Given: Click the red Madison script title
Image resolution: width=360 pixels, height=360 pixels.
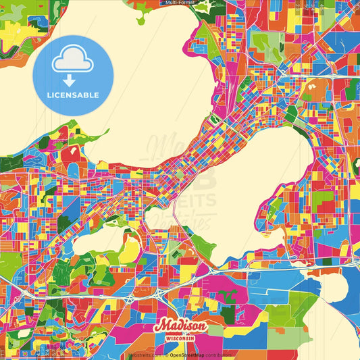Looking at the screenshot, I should [x=180, y=326].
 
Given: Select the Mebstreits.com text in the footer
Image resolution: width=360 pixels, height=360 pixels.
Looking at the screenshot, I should [x=142, y=354].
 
